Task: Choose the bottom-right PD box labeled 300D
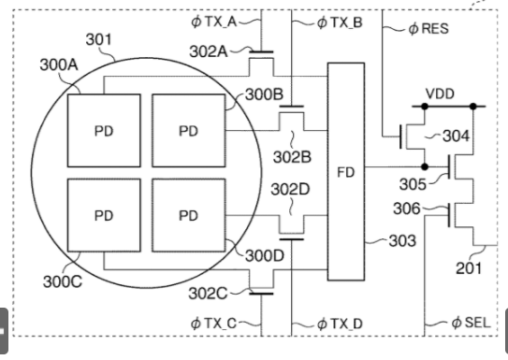click(x=188, y=216)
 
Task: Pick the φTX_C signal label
click(x=216, y=324)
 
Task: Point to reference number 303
click(x=402, y=240)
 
